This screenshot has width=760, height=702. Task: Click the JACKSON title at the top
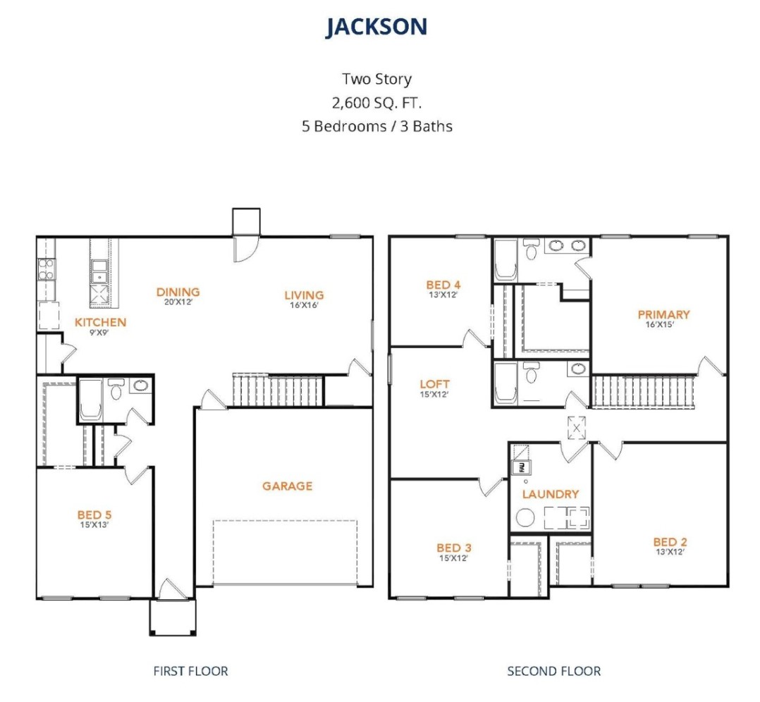(376, 27)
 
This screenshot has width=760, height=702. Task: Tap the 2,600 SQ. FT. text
(376, 103)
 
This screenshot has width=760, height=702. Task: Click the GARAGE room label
(288, 486)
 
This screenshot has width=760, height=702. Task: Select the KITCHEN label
(100, 322)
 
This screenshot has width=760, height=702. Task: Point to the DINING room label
(178, 292)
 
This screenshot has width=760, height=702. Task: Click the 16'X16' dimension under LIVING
(304, 305)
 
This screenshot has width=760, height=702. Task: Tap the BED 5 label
(94, 515)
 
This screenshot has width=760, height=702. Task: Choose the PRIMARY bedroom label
(663, 314)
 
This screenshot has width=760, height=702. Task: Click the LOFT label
(434, 384)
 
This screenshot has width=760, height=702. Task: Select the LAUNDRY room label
(551, 494)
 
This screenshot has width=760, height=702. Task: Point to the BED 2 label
(670, 542)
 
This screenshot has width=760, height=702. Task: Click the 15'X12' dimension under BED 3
(454, 558)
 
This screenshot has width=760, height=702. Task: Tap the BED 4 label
(443, 285)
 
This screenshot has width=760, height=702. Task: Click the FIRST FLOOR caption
(190, 671)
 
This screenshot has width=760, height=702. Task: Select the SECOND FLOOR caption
(554, 671)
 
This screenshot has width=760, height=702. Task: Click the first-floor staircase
(278, 390)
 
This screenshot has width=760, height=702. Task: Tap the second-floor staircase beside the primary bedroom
(644, 392)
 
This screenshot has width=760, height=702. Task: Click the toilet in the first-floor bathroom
(116, 389)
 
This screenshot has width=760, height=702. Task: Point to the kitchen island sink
(100, 272)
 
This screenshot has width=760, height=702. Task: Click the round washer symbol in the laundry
(525, 517)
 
